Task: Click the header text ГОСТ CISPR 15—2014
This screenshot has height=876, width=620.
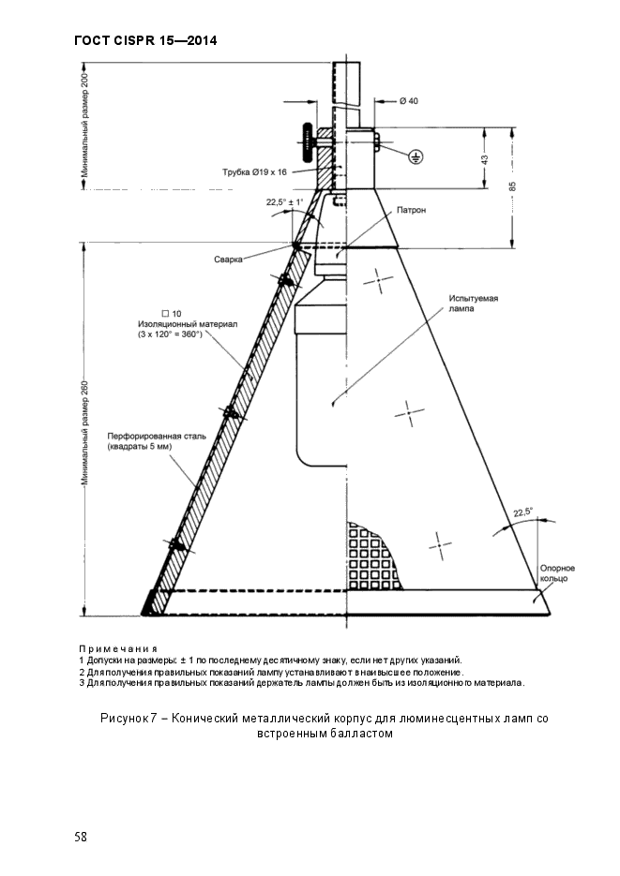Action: coord(144,41)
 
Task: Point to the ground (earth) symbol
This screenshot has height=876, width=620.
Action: coord(416,157)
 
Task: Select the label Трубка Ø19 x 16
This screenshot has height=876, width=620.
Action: coord(254,172)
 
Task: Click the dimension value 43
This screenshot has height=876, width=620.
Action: coord(485,160)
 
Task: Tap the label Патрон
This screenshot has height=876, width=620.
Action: coord(411,211)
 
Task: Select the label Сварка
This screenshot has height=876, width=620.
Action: coord(228,259)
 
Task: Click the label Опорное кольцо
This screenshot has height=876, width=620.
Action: coord(557,573)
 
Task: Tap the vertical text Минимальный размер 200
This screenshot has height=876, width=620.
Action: coord(84,127)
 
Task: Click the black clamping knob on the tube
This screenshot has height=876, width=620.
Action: coord(305,141)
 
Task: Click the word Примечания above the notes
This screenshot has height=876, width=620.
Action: coord(117,648)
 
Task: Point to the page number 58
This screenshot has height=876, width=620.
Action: coord(81,837)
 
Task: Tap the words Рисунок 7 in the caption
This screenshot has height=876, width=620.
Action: coord(127,719)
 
